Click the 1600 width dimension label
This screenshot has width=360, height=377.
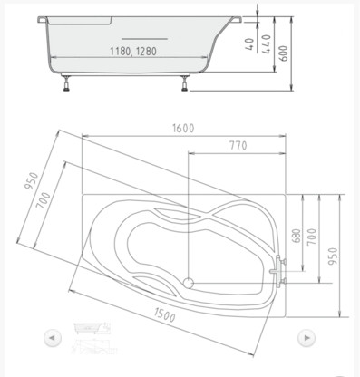click(x=182, y=129)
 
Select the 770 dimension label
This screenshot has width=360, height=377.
click(x=238, y=145)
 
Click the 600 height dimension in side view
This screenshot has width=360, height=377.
click(x=284, y=53)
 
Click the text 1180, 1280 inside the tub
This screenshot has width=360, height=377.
click(x=131, y=52)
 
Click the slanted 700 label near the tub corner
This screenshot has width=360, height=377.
click(x=43, y=211)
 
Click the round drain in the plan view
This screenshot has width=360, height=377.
click(x=189, y=282)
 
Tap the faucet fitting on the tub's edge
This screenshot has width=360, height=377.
click(x=279, y=270)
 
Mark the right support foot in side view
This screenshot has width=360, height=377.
click(x=187, y=86)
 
